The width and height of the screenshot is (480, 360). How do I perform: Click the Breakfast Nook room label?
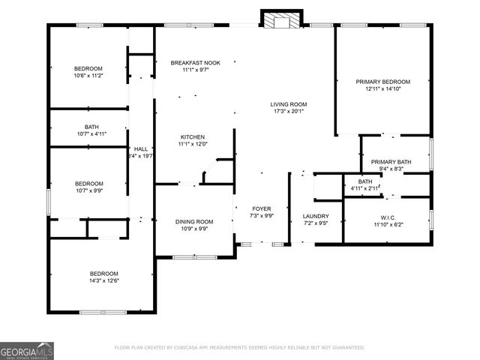[195, 62]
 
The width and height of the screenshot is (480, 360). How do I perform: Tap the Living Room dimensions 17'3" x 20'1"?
[289, 111]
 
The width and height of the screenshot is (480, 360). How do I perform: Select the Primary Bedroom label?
[382, 81]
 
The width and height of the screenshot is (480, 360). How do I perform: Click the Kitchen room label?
[192, 136]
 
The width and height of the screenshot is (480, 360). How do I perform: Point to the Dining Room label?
[194, 221]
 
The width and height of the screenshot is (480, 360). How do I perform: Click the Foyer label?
[261, 208]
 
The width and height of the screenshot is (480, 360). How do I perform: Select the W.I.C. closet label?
[386, 216]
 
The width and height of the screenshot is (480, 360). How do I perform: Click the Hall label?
[141, 149]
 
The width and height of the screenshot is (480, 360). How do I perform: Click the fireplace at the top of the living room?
[281, 19]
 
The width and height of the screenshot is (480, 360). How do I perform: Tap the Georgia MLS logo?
[27, 350]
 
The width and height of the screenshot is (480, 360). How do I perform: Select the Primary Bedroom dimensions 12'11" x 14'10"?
[382, 88]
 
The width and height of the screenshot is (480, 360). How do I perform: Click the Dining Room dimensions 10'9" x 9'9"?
[194, 229]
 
